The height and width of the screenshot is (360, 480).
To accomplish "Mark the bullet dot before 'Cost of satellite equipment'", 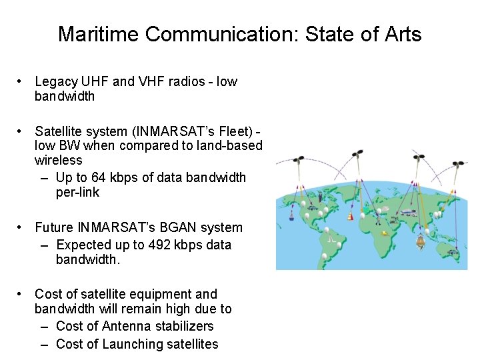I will (22, 294).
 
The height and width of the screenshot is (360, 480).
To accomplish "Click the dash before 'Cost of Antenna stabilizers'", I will (45, 326).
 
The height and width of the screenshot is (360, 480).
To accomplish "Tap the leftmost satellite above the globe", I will (299, 161).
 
